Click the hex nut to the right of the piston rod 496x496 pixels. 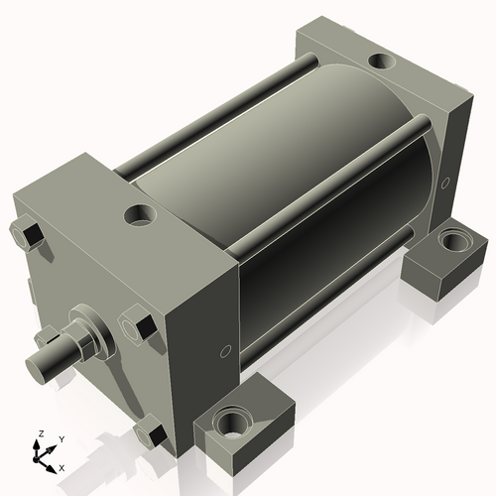point(135,326)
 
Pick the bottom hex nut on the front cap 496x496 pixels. point(150,434)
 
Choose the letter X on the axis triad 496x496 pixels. point(62,466)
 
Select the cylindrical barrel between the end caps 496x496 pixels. point(298,228)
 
